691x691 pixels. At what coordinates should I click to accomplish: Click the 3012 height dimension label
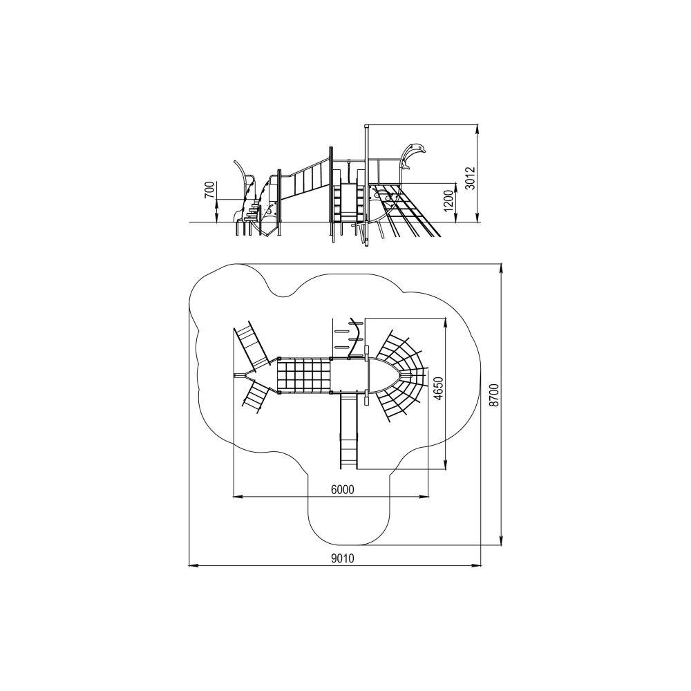coord(471,178)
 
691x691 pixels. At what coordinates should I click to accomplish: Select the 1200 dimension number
coord(448,201)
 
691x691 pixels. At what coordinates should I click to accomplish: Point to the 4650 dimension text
coord(437,388)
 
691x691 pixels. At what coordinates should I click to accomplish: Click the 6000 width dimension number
coord(343,490)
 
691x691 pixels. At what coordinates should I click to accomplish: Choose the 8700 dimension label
coord(495,395)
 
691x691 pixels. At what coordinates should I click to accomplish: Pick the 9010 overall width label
coord(343,558)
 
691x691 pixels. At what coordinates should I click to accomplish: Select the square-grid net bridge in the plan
coord(305,375)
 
